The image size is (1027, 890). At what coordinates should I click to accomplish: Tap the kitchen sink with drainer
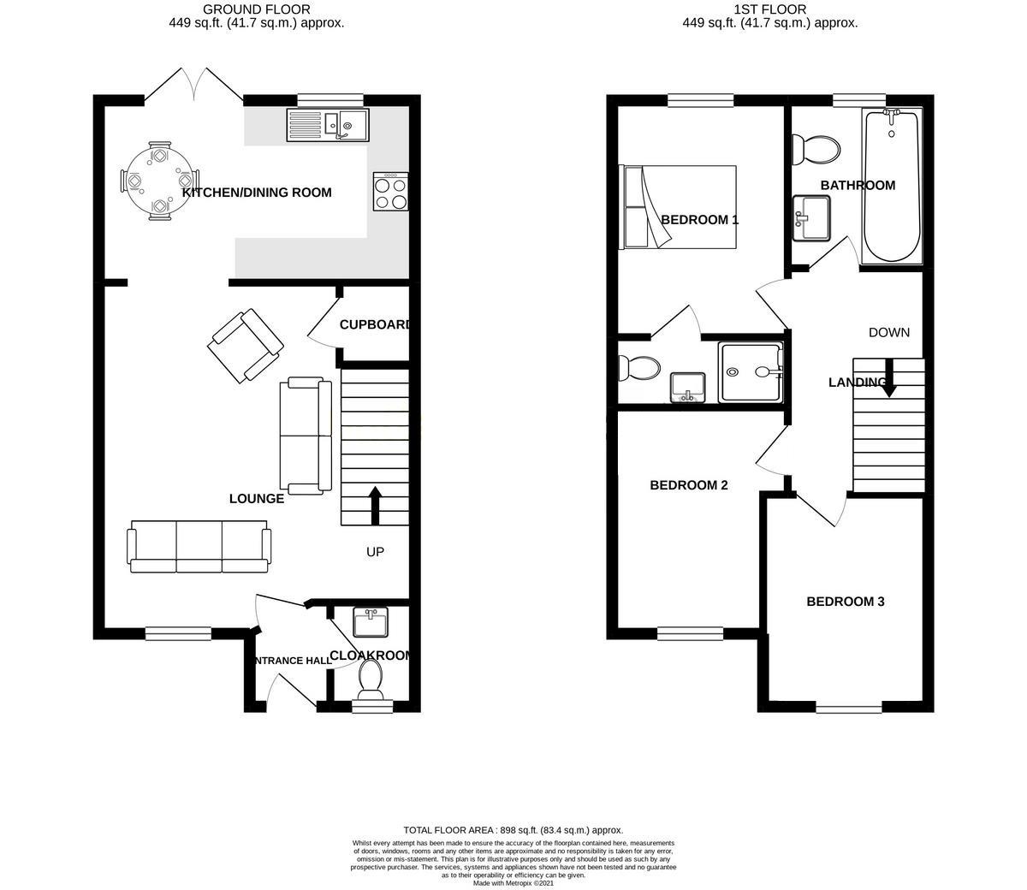tap(328, 125)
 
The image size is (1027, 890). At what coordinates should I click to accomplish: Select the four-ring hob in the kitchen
tap(390, 192)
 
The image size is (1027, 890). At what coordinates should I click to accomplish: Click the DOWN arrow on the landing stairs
tap(888, 378)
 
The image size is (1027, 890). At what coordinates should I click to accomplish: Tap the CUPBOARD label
tap(375, 325)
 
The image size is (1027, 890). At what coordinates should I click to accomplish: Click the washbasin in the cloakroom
tap(371, 622)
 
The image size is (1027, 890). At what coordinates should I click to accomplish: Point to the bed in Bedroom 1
tap(680, 207)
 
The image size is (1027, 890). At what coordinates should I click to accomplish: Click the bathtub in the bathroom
tap(892, 186)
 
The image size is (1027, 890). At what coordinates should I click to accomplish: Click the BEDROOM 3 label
tap(845, 602)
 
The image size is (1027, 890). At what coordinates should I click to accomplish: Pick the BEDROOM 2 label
tap(689, 485)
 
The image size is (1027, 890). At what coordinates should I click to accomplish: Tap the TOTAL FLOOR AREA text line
tap(513, 830)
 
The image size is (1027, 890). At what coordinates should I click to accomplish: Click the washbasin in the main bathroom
tap(811, 217)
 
